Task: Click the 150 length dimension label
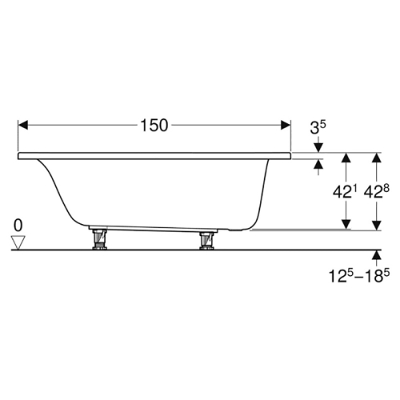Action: pyautogui.click(x=154, y=126)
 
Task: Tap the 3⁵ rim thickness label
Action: pyautogui.click(x=318, y=127)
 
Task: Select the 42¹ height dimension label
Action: pyautogui.click(x=346, y=191)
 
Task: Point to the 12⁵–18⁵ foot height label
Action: pyautogui.click(x=359, y=275)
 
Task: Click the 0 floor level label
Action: pyautogui.click(x=18, y=226)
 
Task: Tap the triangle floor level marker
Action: pyautogui.click(x=18, y=242)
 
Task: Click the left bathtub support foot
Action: pyautogui.click(x=99, y=238)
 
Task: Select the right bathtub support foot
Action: pyautogui.click(x=207, y=240)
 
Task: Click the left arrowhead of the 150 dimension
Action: pyautogui.click(x=23, y=125)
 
